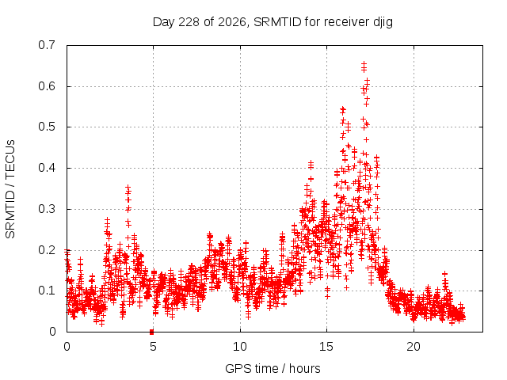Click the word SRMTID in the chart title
tap(277, 22)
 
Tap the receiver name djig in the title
tap(383, 23)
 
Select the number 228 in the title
tap(189, 22)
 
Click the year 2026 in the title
tap(232, 22)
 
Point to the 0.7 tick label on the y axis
tap(47, 45)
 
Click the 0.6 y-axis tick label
tap(47, 86)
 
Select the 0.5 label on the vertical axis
tap(47, 127)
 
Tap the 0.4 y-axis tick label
tap(47, 168)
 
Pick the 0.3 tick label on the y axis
tap(47, 209)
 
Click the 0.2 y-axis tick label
tap(47, 250)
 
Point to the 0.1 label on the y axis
tap(47, 291)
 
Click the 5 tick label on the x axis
tap(153, 347)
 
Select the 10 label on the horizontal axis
tap(240, 347)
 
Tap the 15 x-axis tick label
tap(326, 347)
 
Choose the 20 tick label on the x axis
tap(414, 347)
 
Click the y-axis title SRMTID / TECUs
tap(10, 189)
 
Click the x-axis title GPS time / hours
tap(273, 368)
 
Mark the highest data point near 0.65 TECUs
tap(364, 64)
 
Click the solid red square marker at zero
tap(151, 332)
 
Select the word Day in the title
tap(164, 23)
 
